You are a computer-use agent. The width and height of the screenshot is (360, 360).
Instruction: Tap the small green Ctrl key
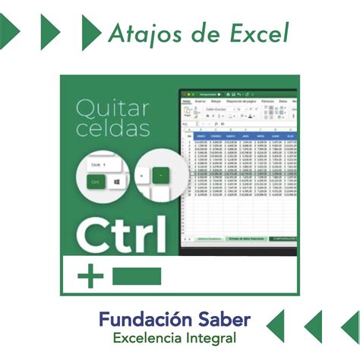95,182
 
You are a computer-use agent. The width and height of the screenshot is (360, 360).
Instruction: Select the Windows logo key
116,182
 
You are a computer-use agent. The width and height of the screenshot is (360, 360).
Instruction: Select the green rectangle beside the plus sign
137,276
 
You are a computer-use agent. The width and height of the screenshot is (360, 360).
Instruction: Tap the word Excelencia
150,336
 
